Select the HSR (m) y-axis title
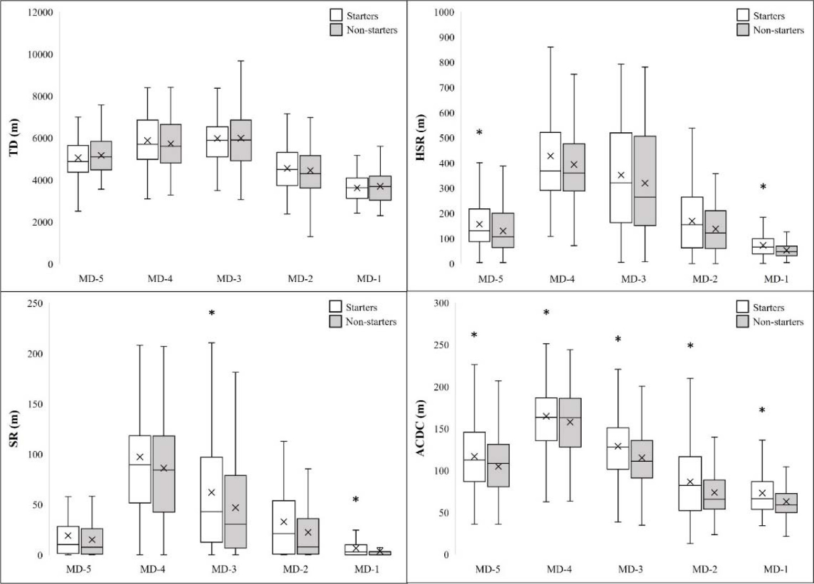point(420,137)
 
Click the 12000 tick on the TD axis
point(40,12)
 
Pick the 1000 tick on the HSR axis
point(444,12)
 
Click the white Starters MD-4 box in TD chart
point(147,140)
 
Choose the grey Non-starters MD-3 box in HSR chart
point(645,181)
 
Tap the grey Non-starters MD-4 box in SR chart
point(164,474)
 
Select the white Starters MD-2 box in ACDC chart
point(690,483)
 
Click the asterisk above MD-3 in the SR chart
point(212,314)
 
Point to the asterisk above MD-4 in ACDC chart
point(546,313)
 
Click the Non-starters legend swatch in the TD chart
point(336,30)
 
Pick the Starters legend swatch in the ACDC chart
point(743,307)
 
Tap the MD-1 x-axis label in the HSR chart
point(776,279)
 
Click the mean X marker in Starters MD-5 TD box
point(78,158)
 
